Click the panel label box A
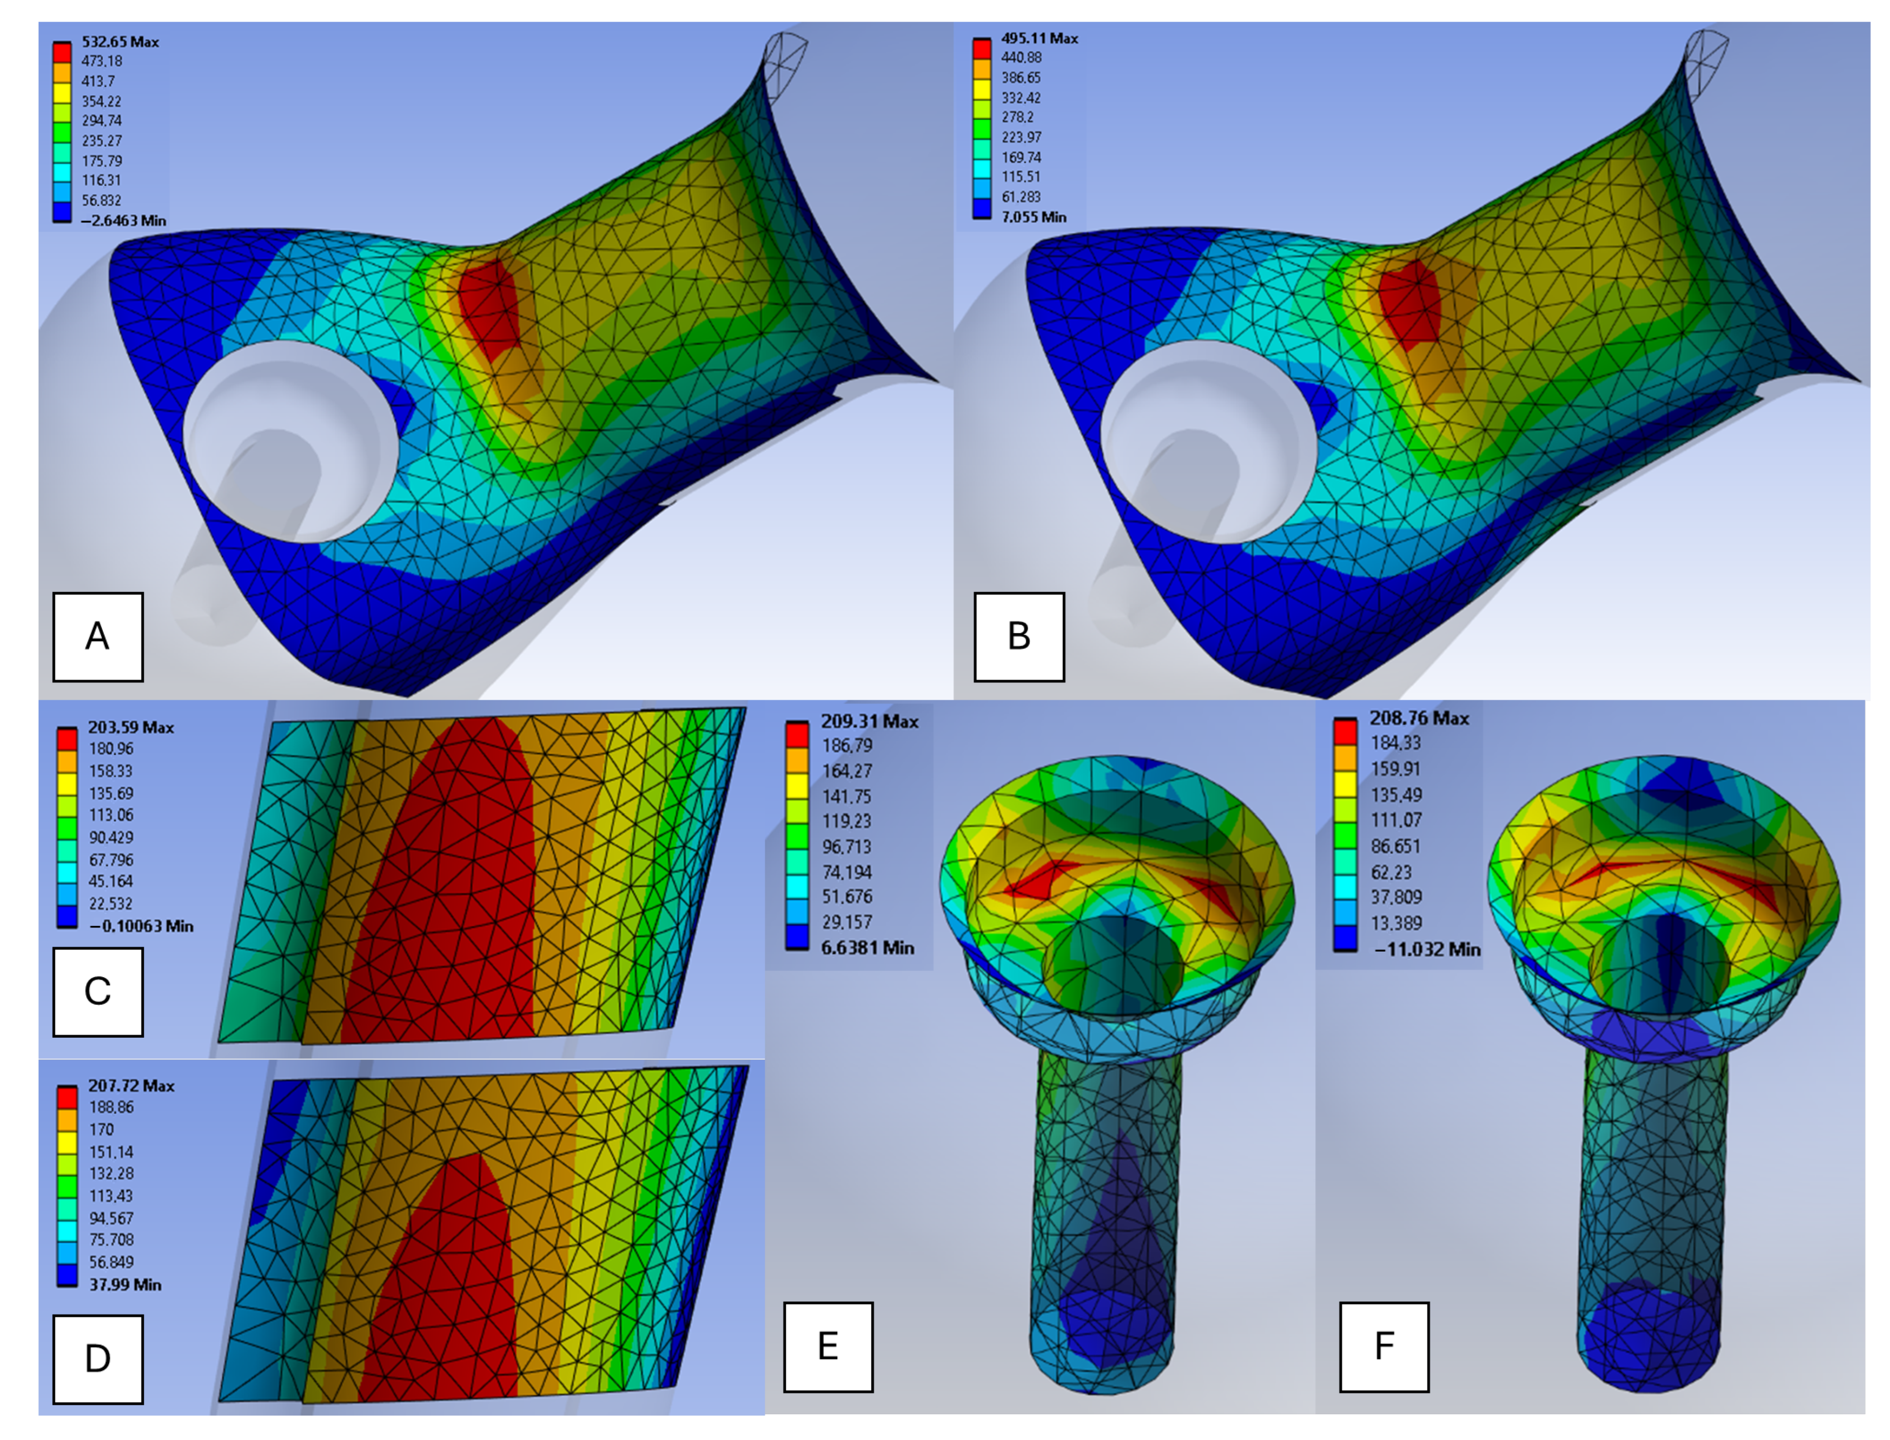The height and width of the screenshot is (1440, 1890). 98,637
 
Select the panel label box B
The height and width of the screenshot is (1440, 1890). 1018,637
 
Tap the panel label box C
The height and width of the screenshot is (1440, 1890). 98,992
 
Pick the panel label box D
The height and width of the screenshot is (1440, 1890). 98,1358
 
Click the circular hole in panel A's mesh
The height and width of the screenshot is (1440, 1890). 289,442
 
